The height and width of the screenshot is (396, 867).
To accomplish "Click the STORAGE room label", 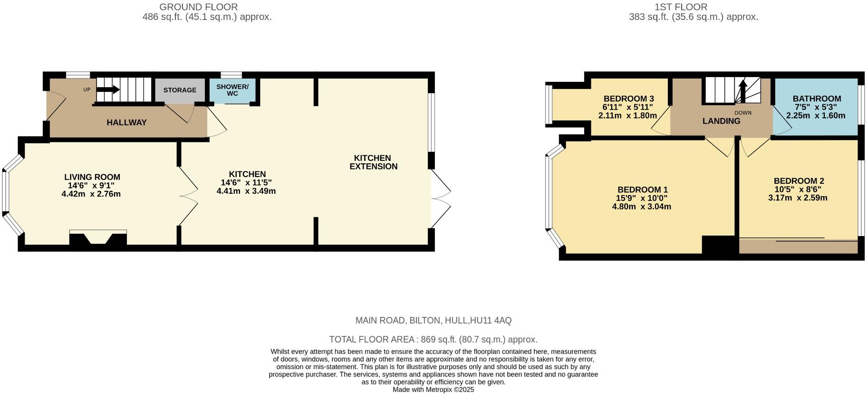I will (x=180, y=90).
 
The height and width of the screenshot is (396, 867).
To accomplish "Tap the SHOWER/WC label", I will (x=232, y=90).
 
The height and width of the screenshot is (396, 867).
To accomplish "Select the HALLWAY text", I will (x=126, y=122).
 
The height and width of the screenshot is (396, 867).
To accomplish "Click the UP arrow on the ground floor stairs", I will (x=108, y=89).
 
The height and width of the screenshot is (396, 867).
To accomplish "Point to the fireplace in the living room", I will (x=98, y=238).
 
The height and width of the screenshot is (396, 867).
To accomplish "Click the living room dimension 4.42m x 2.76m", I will (x=91, y=194).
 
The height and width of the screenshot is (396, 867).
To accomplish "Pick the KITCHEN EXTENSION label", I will (x=373, y=162).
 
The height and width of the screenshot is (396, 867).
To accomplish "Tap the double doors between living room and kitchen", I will (x=188, y=195).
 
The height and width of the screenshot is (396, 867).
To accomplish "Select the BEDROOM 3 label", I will (x=628, y=99).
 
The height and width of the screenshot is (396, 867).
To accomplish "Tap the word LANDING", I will (x=721, y=121).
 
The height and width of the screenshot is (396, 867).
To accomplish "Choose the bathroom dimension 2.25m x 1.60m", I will (x=816, y=116).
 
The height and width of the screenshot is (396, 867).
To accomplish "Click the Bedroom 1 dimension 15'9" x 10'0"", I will (x=641, y=198).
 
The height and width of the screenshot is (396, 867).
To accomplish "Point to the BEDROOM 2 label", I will (x=799, y=181).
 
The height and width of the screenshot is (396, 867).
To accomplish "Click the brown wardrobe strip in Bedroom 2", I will (x=798, y=247).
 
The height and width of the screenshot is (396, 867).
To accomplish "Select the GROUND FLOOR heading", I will (x=198, y=7).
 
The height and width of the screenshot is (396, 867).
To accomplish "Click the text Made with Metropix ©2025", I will (x=433, y=389).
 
